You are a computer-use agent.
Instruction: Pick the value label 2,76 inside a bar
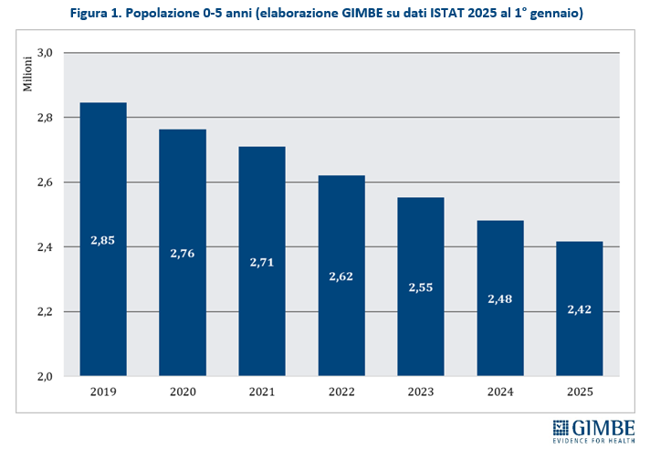pos(182,252)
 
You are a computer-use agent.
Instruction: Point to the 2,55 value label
pos(421,287)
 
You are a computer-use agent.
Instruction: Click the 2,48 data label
pos(500,298)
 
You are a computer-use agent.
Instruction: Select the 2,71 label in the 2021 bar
pos(262,262)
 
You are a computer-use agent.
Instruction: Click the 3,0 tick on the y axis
pos(45,53)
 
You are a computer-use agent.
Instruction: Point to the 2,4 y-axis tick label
pos(45,247)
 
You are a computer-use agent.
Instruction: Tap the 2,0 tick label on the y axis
pos(45,376)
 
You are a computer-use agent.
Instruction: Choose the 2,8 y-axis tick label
pos(45,118)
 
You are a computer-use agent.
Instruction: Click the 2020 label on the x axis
pos(182,393)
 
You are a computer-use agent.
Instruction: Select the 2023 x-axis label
pos(421,393)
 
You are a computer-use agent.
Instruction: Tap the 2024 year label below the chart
pos(500,393)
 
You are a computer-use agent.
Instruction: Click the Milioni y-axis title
pos(28,74)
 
